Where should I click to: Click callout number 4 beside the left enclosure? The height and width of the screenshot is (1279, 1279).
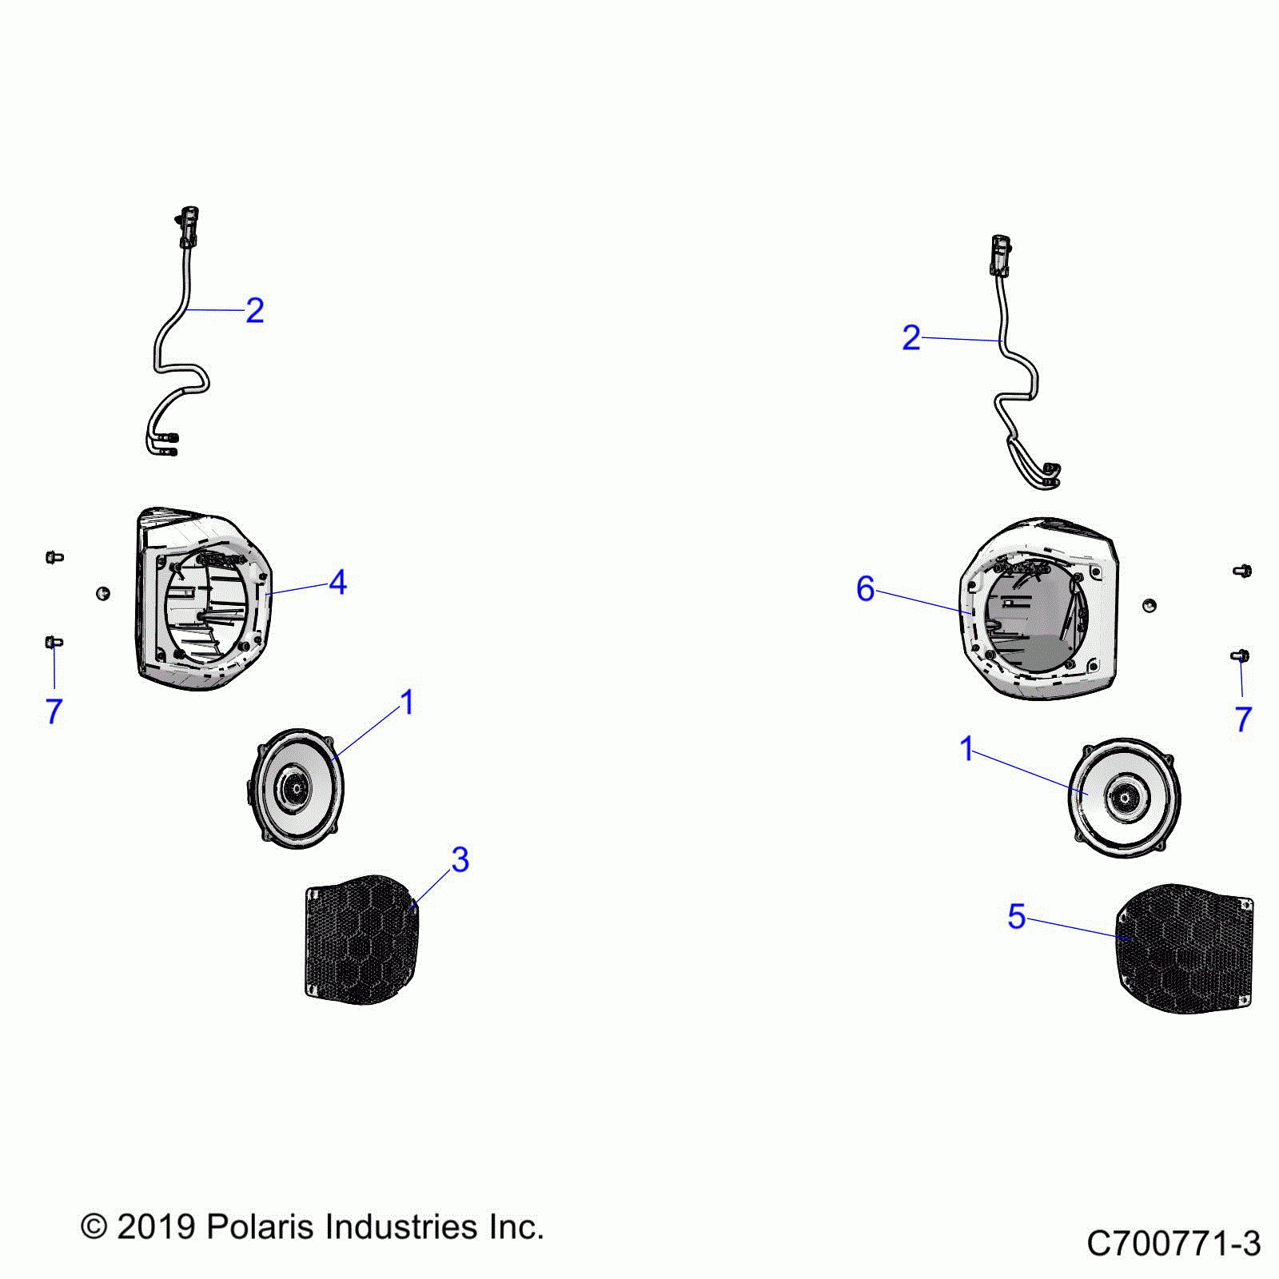coord(338,583)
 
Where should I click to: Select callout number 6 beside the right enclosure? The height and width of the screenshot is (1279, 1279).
coord(865,589)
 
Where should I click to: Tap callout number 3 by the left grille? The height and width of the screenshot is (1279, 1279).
coord(460,860)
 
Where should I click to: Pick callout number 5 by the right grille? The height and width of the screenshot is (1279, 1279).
coord(1016,916)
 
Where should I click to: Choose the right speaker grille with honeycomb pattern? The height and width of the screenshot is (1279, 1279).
coord(1185,948)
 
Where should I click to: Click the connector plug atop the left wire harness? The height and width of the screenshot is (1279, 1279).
coord(189,226)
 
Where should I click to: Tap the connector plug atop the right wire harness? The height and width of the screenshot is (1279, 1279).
coord(1000,253)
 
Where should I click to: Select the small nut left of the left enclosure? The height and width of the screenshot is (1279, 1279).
coord(103,593)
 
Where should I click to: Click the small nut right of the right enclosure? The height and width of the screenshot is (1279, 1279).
coord(1149,604)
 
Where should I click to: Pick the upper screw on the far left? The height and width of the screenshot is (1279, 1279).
coord(54,556)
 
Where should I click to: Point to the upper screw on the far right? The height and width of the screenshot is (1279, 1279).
coord(1242,571)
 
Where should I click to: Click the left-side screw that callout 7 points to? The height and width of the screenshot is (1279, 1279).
coord(54,642)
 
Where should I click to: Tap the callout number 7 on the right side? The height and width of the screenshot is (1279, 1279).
coord(1242,719)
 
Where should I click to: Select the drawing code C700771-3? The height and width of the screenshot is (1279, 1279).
coord(1173,1244)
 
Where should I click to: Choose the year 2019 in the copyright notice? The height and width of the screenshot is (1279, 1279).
coord(156,1227)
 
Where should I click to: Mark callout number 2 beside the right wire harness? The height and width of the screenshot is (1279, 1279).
coord(910,338)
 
